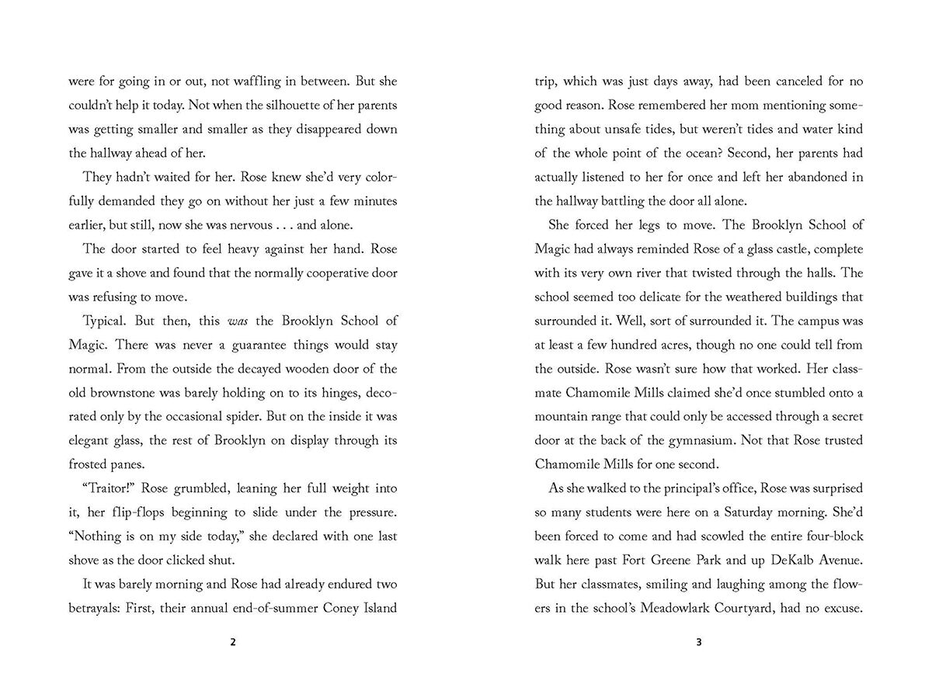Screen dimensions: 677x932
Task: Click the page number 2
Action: [x=234, y=642]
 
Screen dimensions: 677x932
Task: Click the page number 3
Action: [x=699, y=642]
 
